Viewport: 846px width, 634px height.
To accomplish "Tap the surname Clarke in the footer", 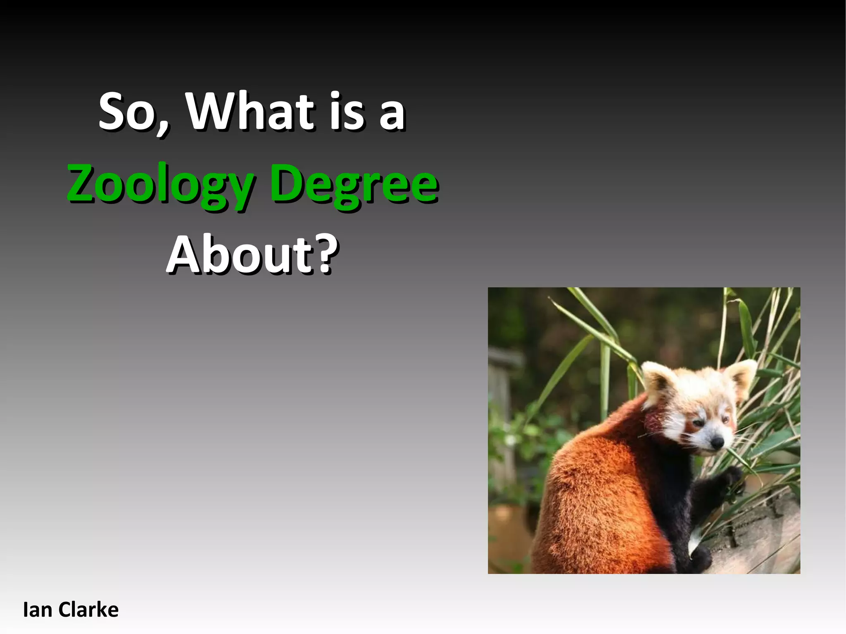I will pyautogui.click(x=88, y=610).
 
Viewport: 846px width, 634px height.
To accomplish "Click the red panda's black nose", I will pyautogui.click(x=718, y=443).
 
